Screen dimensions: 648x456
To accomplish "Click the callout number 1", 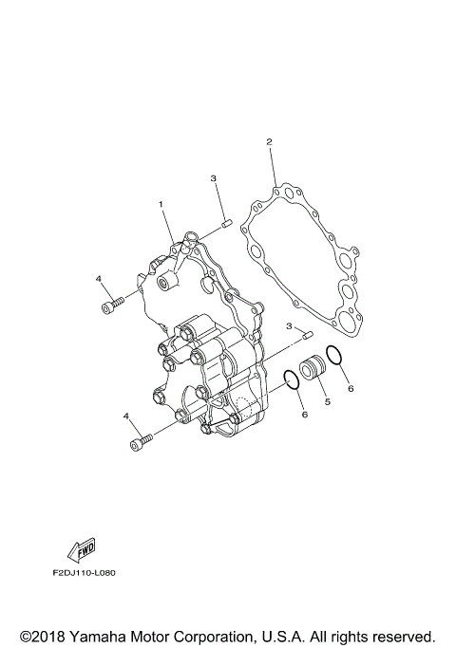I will (161, 204).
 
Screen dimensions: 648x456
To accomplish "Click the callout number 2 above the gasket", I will (270, 142).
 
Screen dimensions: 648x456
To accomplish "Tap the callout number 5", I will (327, 402).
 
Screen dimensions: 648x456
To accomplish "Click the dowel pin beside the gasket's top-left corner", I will (224, 224).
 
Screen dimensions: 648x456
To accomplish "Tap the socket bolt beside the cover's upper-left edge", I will (110, 304).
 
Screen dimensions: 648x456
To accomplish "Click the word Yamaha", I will (105, 634).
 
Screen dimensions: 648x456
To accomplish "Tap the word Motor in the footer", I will (164, 634).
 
